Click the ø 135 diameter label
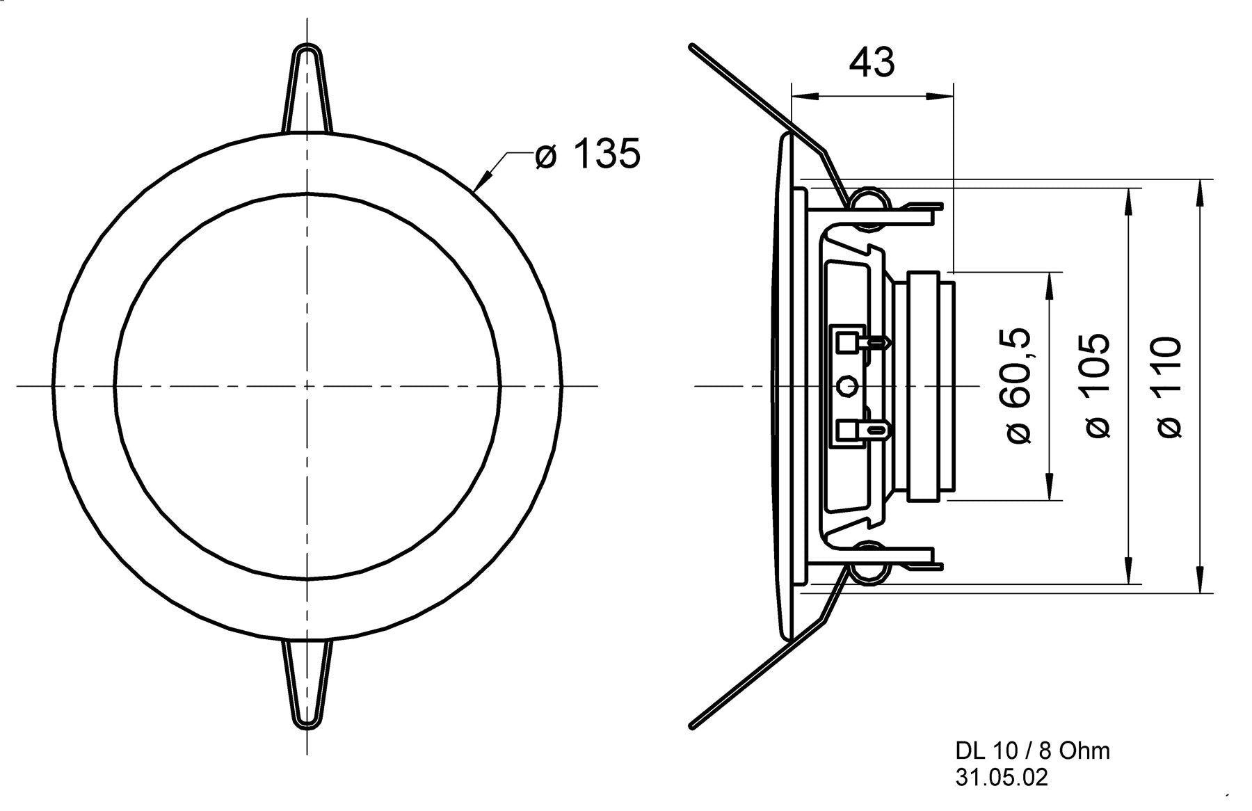click(588, 154)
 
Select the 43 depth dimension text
click(872, 63)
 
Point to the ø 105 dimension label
click(1098, 387)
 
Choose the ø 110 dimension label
click(1171, 387)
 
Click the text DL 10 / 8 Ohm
click(1032, 750)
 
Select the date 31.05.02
click(1001, 777)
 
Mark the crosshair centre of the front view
click(307, 385)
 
